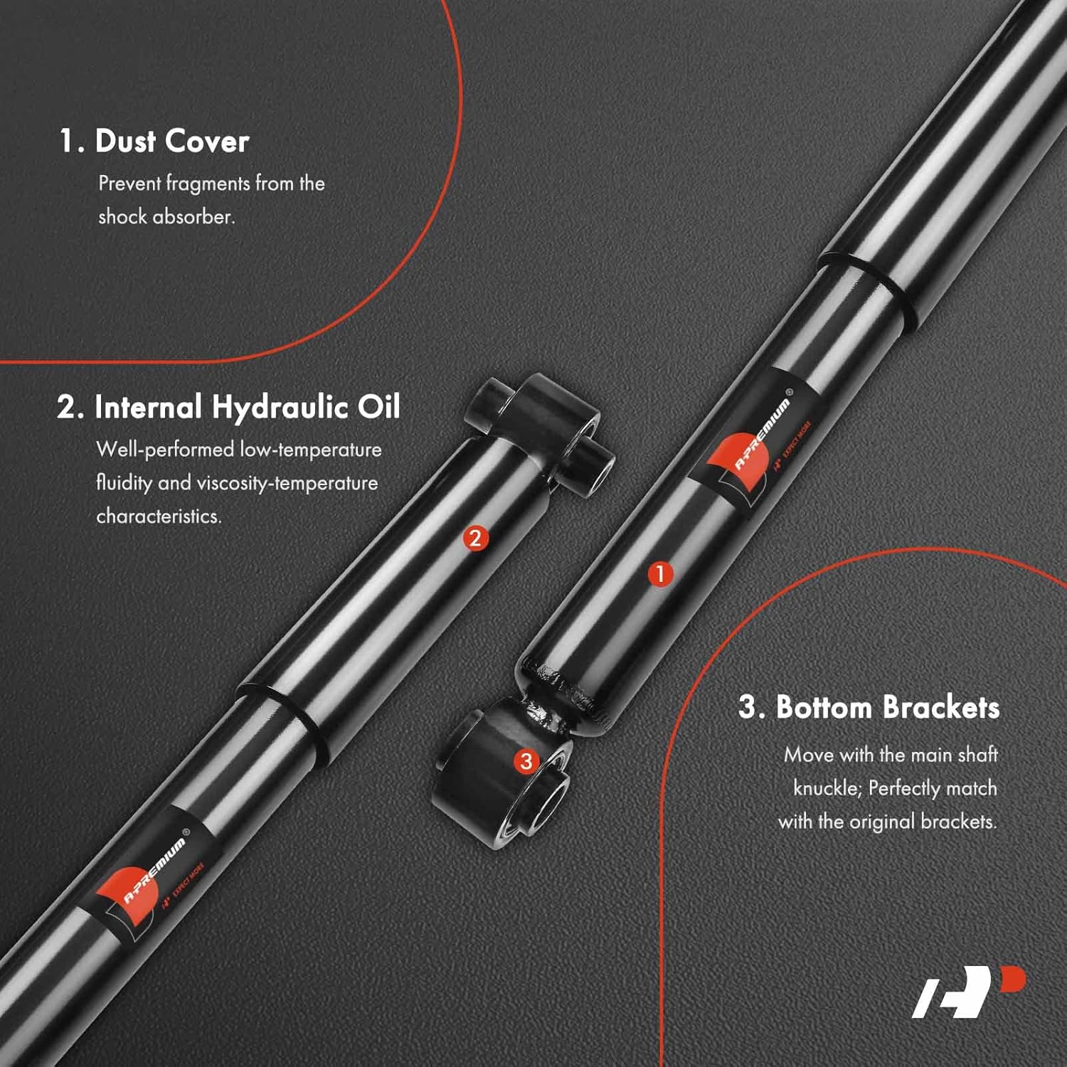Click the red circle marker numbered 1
tap(660, 573)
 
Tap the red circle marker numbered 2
tap(475, 538)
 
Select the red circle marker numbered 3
tap(526, 762)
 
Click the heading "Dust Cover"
tap(171, 141)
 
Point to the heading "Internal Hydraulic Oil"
tap(247, 407)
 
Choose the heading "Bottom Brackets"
tap(887, 707)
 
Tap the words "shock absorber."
tap(166, 216)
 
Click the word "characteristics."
tap(159, 516)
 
